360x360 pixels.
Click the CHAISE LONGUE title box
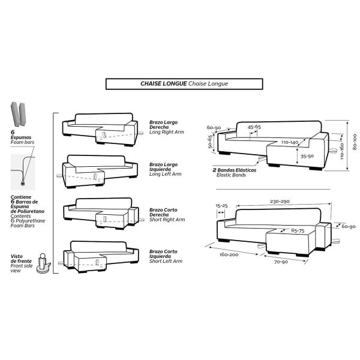pos(184,84)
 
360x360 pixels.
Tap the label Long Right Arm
pos(166,132)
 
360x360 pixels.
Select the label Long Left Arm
pos(166,174)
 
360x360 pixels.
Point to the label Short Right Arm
pos(167,220)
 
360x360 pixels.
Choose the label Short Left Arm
pos(166,261)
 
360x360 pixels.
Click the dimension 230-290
pos(280,202)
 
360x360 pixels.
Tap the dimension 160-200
pos(229,254)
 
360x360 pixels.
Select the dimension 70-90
pos(281,262)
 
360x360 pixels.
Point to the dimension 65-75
pos(298,230)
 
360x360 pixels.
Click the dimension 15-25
pos(221,206)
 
